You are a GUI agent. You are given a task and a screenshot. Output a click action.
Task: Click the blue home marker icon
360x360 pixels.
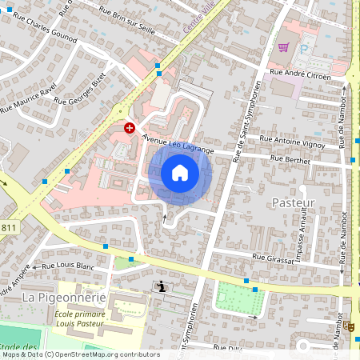point(180,173)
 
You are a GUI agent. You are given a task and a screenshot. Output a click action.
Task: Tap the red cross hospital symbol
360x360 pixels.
point(130,127)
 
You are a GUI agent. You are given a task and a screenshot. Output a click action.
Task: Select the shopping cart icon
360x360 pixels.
point(283,47)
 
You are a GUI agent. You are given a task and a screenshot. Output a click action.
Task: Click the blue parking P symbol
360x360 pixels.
point(303,47)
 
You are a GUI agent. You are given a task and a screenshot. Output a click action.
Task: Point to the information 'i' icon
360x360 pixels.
point(162,286)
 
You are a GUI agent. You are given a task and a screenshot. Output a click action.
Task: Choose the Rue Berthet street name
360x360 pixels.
point(290,159)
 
